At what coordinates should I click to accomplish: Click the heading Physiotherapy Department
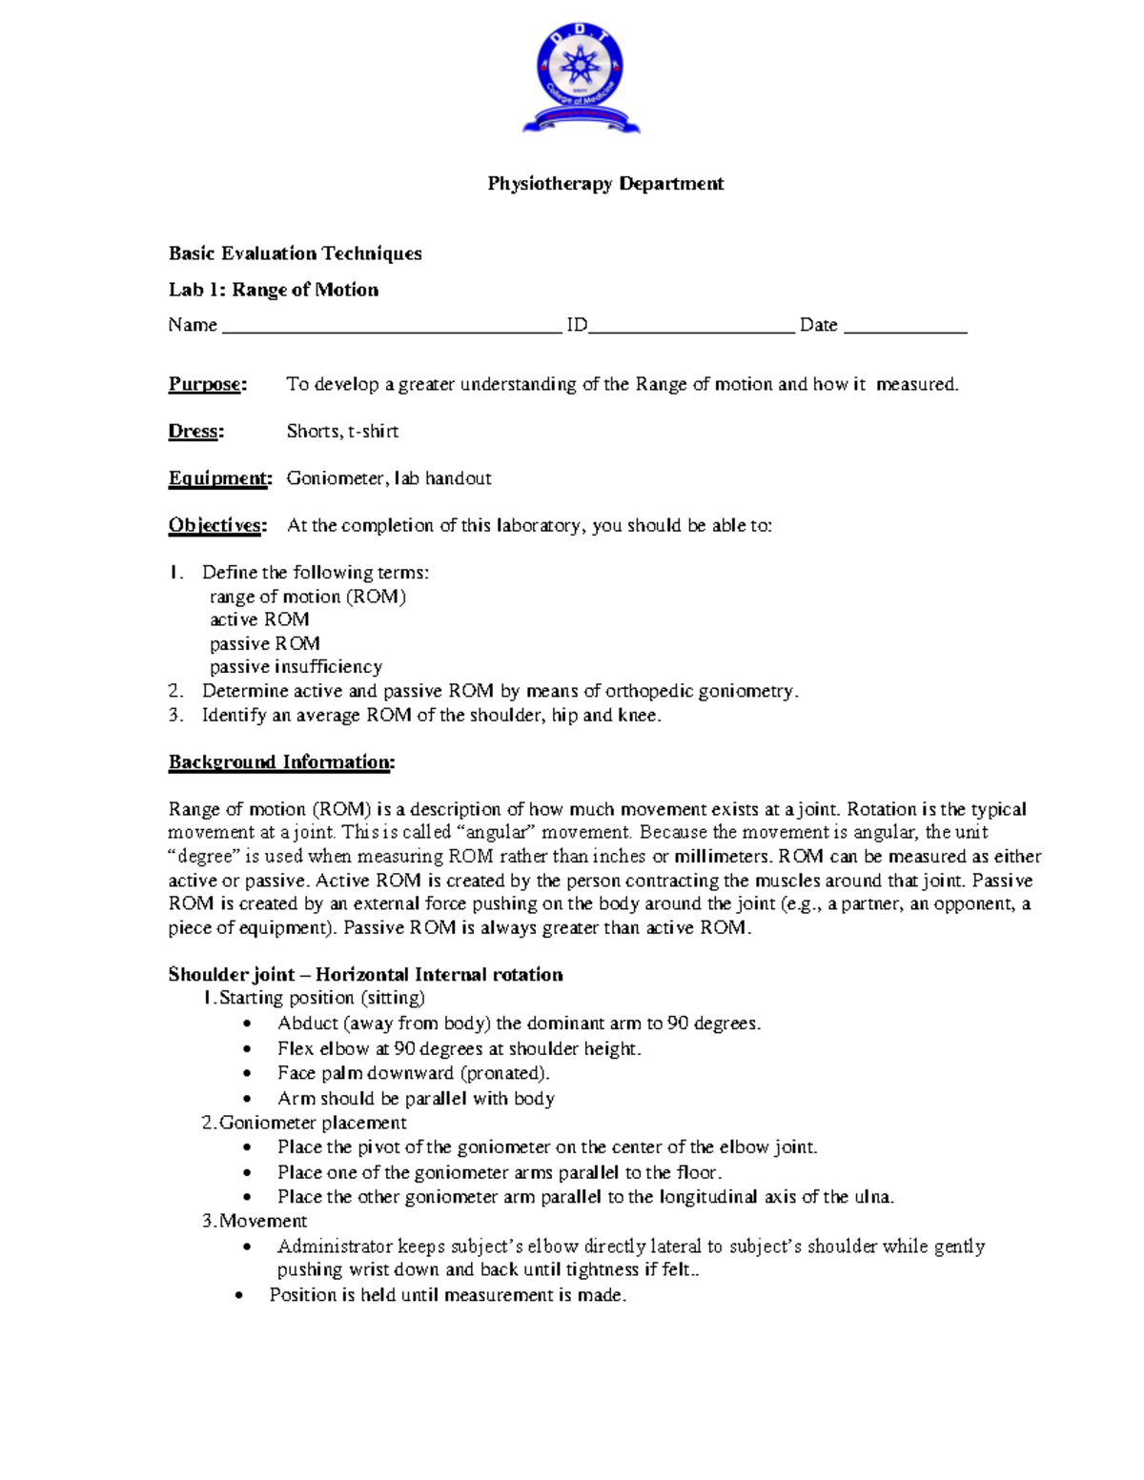[605, 184]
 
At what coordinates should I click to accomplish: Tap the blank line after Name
[391, 330]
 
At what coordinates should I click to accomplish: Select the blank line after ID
[691, 330]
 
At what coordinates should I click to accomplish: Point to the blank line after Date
[905, 330]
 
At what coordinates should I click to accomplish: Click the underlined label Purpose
[207, 384]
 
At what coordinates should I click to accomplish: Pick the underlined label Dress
[195, 431]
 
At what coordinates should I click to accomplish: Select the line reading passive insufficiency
[296, 667]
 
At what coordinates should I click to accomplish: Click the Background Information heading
[281, 762]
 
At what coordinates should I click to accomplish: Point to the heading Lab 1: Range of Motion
[274, 290]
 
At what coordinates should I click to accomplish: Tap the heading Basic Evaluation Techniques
[295, 253]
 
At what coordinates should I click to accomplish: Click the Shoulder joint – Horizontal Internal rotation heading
[365, 974]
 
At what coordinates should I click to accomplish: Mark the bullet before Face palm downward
[248, 1074]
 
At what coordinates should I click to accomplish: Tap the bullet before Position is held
[239, 1296]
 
